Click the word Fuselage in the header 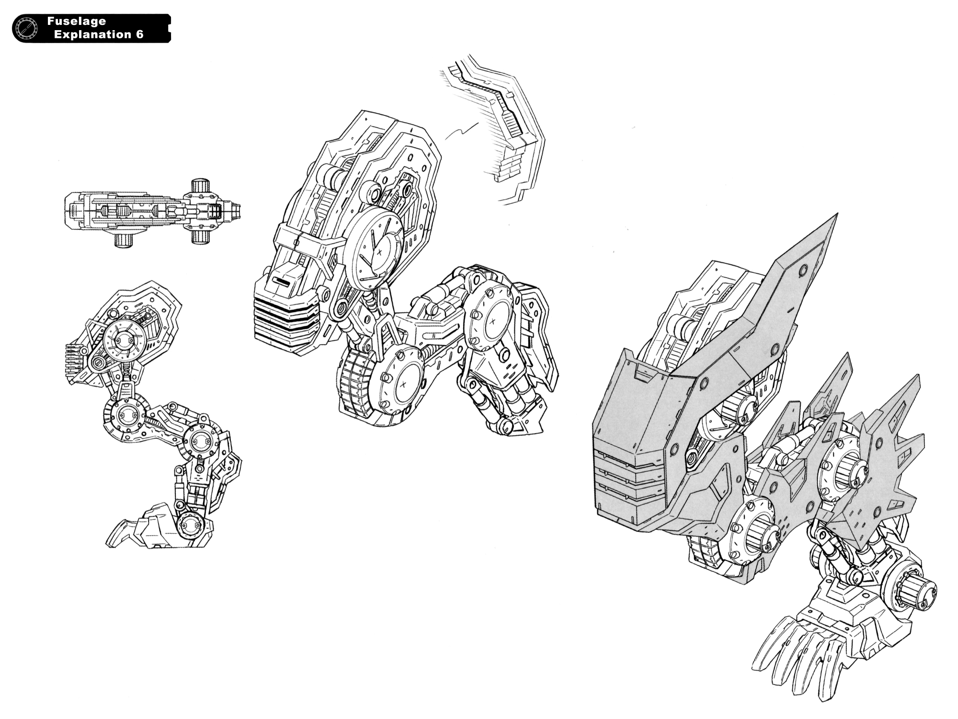77,22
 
